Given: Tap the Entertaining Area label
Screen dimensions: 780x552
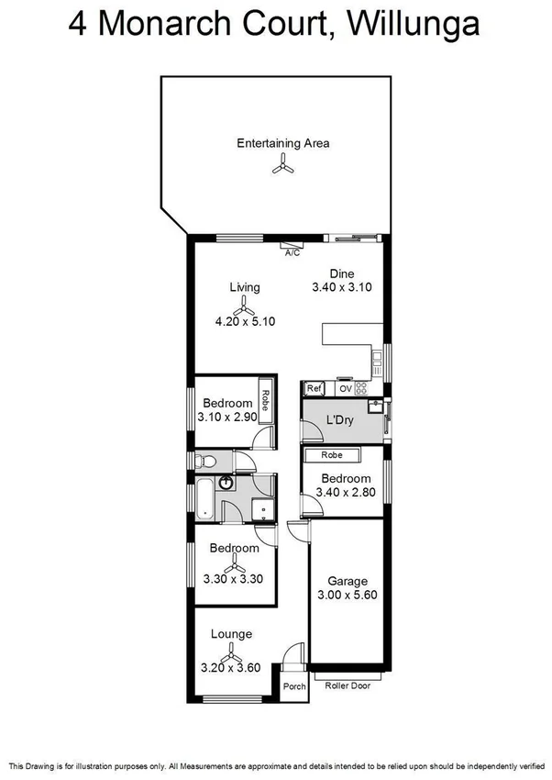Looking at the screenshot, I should pyautogui.click(x=282, y=143).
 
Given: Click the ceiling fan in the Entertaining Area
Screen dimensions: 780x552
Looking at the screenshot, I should pyautogui.click(x=282, y=166).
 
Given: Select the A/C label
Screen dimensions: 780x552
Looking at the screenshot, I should pyautogui.click(x=293, y=252).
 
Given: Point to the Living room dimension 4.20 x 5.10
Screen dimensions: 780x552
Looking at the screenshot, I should pyautogui.click(x=245, y=321).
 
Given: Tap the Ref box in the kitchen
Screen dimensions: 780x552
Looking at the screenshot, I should pyautogui.click(x=314, y=388).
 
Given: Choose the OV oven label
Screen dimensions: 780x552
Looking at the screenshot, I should pyautogui.click(x=346, y=388).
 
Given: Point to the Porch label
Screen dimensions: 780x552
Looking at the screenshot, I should pyautogui.click(x=293, y=686).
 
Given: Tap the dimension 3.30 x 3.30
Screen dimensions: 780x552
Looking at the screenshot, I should pyautogui.click(x=234, y=579).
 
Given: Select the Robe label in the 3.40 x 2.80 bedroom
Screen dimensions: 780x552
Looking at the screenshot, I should pyautogui.click(x=332, y=455).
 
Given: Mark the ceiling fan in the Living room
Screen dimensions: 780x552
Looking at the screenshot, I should pyautogui.click(x=243, y=304).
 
